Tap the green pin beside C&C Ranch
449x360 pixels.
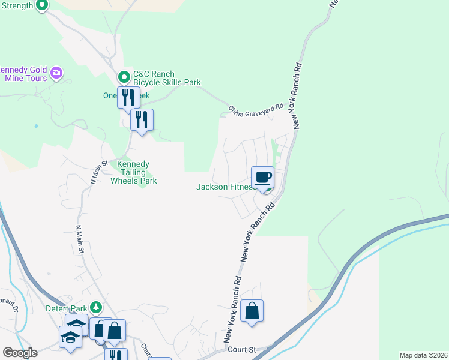124,76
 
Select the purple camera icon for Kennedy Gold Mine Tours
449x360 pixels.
57,73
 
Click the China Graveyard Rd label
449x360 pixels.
255,109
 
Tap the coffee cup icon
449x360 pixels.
262,178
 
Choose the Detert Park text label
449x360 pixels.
66,308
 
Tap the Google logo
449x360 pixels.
19,352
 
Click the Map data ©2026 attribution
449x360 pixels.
423,355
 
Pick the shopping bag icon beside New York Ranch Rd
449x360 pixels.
252,311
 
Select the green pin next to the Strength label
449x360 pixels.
41,5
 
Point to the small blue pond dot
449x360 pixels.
36,126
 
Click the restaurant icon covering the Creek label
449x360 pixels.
127,97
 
